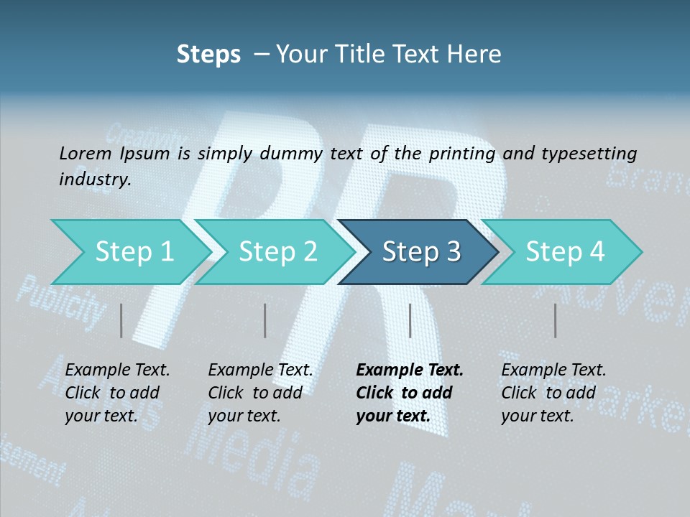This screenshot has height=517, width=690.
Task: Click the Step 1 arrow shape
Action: pos(129,252)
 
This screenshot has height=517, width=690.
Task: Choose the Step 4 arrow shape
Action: pos(564,252)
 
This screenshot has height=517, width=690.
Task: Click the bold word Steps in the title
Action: pos(208,54)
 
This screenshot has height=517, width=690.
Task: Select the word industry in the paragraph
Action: pos(93,179)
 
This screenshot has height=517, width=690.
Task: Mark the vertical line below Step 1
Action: pos(121,320)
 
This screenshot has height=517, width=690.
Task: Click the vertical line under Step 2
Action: pos(265,320)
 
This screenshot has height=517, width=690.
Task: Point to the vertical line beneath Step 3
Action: pos(410,320)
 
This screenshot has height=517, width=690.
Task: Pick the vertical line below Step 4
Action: pos(555,320)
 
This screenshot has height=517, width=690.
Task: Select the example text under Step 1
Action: pos(116,393)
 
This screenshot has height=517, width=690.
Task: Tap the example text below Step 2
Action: pos(259,393)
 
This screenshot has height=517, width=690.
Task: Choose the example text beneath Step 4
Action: pos(553,393)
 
